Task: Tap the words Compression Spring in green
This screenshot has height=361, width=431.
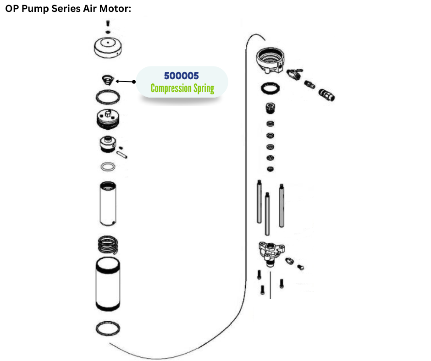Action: [182, 88]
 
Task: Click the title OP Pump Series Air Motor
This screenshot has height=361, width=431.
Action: [68, 9]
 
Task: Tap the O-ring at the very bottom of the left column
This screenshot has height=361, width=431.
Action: [108, 328]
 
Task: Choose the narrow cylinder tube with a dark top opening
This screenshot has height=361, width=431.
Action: [108, 203]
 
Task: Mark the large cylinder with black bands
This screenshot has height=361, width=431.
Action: [108, 284]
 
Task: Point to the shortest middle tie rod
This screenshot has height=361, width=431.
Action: [267, 214]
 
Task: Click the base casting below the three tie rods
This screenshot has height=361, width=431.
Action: [271, 251]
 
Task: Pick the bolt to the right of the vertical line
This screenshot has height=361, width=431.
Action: [281, 284]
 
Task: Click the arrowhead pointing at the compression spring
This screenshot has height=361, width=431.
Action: [118, 82]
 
